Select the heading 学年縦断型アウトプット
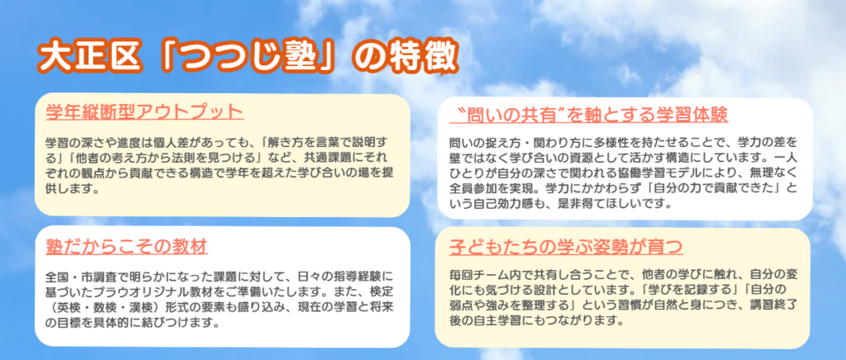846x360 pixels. pos(145,112)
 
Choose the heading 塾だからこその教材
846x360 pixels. pos(126,246)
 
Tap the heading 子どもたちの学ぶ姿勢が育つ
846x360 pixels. pos(566,246)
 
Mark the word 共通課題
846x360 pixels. pos(316,159)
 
